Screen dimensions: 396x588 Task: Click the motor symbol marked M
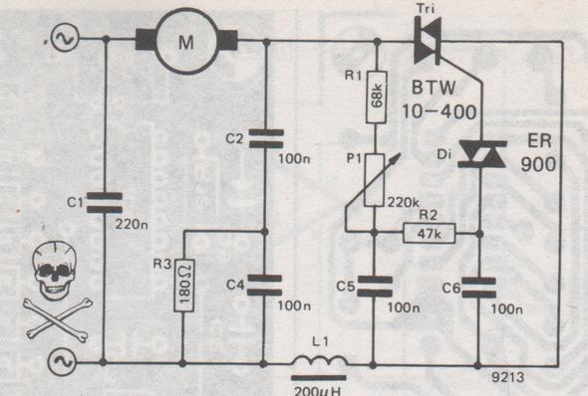click(186, 41)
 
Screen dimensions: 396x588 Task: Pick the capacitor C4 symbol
click(264, 285)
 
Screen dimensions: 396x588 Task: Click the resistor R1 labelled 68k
click(375, 96)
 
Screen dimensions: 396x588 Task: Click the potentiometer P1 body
click(375, 180)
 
